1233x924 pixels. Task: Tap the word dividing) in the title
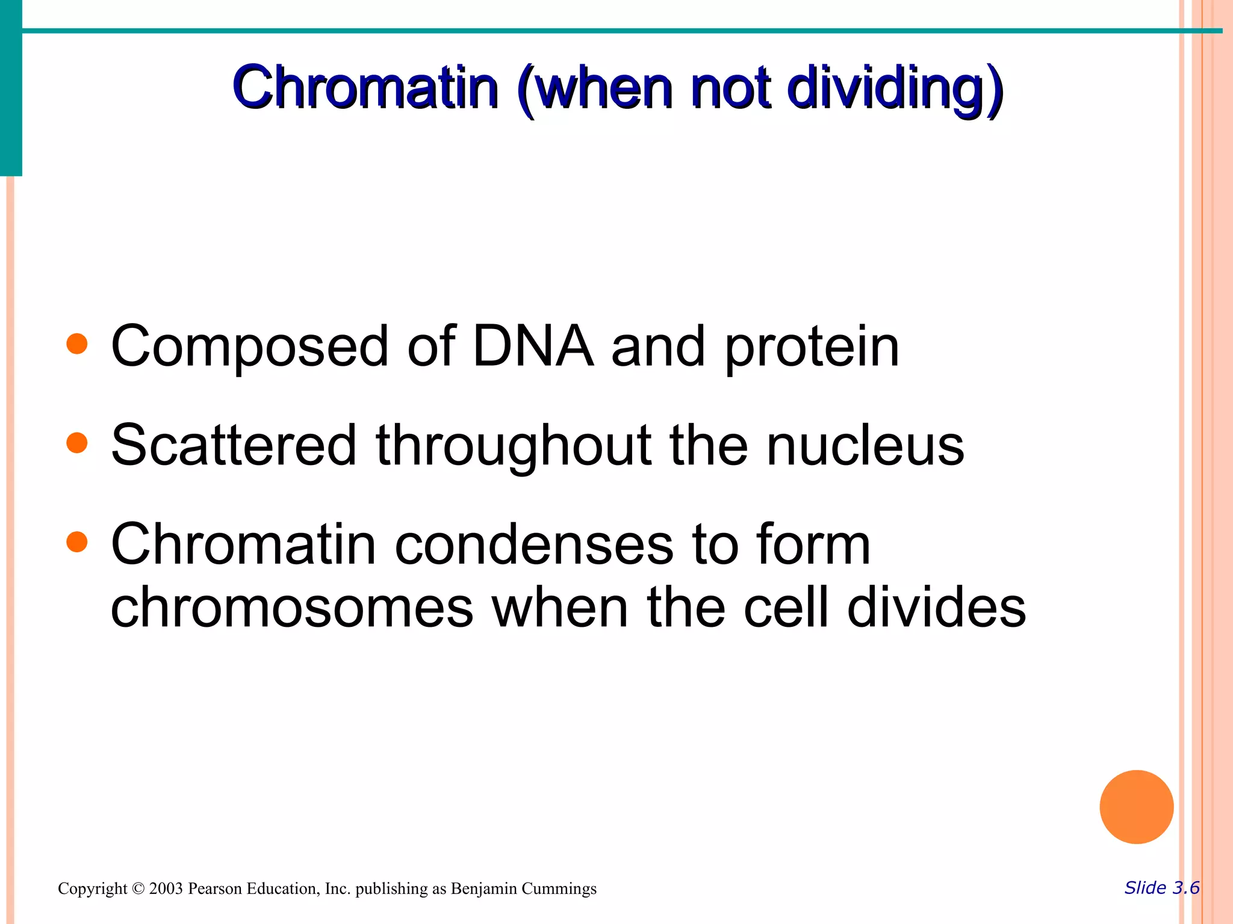click(x=895, y=89)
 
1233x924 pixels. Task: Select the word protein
click(x=812, y=348)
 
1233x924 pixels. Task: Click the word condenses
click(x=534, y=544)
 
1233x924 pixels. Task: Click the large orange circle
click(x=1136, y=807)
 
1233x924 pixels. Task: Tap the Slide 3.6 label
click(x=1161, y=888)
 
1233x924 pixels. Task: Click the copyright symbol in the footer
click(x=138, y=889)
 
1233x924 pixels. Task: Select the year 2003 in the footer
click(x=166, y=889)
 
